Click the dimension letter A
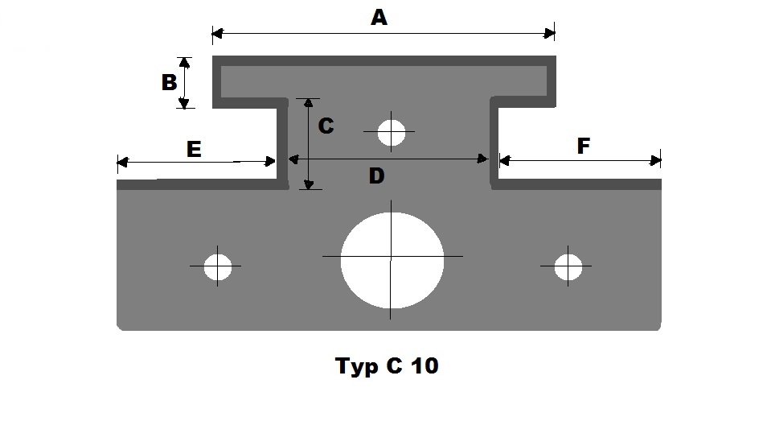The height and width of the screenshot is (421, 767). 379,18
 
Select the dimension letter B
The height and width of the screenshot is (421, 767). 169,82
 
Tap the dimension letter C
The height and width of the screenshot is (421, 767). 326,126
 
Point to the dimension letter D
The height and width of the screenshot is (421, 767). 376,175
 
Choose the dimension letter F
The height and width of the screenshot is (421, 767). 584,146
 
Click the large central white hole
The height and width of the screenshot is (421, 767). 392,259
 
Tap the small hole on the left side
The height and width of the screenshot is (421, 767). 217,266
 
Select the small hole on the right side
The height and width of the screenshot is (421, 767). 569,266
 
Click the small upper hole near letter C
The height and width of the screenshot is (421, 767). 392,131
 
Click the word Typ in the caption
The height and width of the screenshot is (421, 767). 356,368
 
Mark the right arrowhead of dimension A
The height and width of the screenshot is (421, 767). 550,33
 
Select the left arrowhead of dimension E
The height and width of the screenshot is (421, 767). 122,163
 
